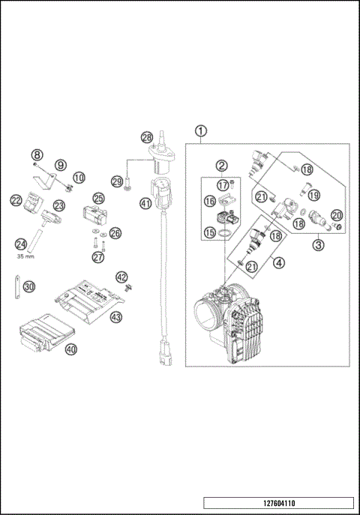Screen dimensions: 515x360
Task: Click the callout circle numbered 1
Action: point(200,131)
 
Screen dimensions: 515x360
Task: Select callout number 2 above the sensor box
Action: point(222,166)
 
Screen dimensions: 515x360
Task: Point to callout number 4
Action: point(278,262)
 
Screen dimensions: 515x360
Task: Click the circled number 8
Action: point(37,155)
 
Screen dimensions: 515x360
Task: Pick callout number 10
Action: point(79,178)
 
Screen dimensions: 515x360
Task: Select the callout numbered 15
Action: point(210,234)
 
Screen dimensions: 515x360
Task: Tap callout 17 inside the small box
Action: point(223,185)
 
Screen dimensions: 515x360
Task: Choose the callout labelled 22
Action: point(16,200)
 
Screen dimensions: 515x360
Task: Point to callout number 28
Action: point(147,137)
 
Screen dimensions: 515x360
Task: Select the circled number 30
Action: point(28,286)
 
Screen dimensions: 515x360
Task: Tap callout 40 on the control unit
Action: point(71,349)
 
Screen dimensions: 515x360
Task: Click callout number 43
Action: point(116,317)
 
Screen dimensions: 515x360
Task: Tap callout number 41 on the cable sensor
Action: point(145,202)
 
